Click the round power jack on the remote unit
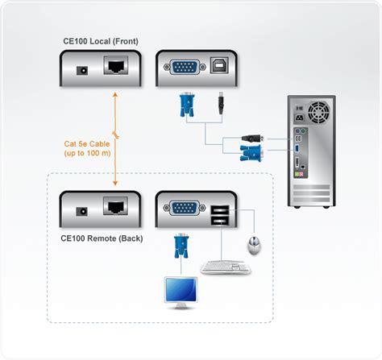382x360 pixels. pos(80,212)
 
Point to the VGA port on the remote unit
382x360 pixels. pos(184,210)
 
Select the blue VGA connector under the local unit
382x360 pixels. pos(185,102)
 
